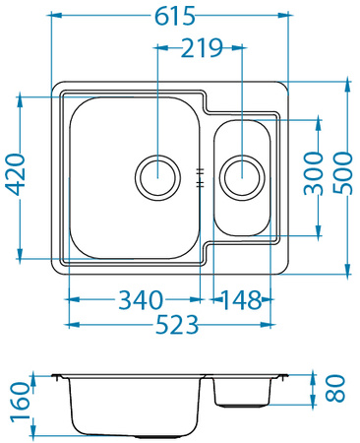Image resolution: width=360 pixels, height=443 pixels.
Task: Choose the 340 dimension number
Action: tap(142, 298)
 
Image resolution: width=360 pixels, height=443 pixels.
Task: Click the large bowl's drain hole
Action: tap(157, 177)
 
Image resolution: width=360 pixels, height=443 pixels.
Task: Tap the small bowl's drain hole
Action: tap(242, 177)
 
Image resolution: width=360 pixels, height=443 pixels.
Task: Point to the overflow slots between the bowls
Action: tap(200, 177)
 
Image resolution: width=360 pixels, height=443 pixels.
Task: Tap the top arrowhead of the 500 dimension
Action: tap(346, 85)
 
